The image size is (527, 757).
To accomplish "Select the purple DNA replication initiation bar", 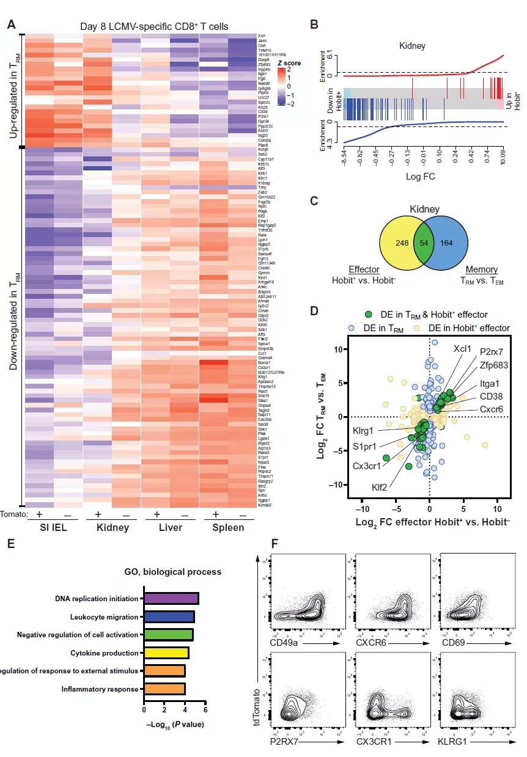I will [x=171, y=599].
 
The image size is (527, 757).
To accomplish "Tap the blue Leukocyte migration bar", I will [x=169, y=616].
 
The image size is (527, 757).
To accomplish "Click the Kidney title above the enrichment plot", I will [x=412, y=45].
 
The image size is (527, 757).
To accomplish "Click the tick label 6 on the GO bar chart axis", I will [x=205, y=711].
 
